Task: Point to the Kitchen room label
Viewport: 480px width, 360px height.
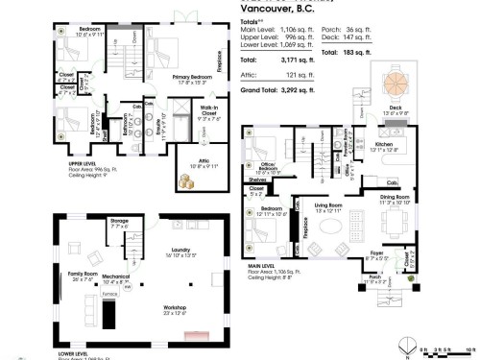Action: pyautogui.click(x=381, y=147)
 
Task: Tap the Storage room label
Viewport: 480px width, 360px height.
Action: pyautogui.click(x=119, y=221)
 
